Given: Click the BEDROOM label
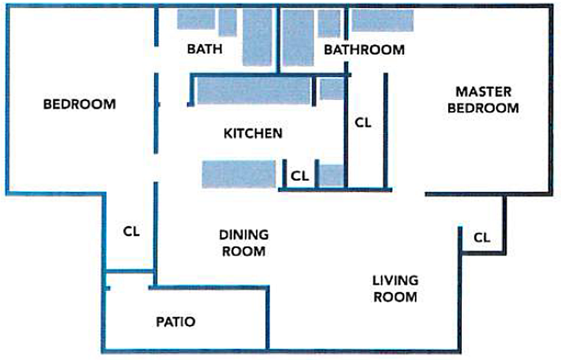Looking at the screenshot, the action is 80,104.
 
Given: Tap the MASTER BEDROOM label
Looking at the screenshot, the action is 483,100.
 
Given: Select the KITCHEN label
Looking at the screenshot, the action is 253,133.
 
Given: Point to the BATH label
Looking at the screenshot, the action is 205,49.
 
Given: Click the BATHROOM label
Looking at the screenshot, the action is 364,49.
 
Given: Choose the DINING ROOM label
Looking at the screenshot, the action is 244,243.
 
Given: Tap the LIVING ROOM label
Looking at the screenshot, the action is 395,289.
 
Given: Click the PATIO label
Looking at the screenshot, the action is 176,322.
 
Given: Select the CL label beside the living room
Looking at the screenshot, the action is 482,238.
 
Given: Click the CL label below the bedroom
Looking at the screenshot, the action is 131,231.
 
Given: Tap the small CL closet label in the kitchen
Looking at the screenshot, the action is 300,176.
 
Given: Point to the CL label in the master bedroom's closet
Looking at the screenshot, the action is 363,122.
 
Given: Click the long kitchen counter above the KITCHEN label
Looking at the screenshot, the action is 253,91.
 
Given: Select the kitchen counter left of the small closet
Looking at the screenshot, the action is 239,174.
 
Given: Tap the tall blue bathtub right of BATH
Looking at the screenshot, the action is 257,37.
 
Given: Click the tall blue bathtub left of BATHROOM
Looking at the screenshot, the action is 298,38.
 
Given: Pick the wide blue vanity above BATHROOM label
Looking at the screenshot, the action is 383,20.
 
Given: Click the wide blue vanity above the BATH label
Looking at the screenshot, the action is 196,19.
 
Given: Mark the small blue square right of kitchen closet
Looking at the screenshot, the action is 332,175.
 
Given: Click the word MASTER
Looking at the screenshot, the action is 483,92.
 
